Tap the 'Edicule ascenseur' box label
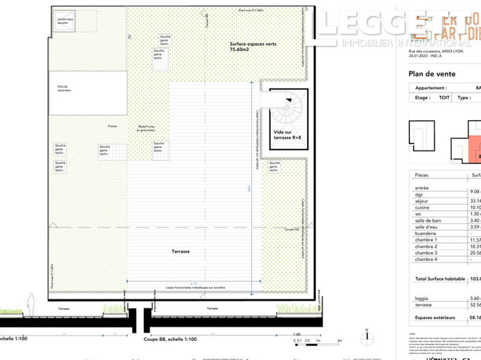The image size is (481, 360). [x=65, y=88]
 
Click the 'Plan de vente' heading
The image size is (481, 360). [x=432, y=74]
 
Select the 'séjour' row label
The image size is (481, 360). [x=423, y=201]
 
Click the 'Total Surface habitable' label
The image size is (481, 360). [x=439, y=280]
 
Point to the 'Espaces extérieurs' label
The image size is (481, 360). [x=435, y=317]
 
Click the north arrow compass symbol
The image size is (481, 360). [x=367, y=334]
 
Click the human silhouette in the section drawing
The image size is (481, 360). [x=30, y=301]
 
